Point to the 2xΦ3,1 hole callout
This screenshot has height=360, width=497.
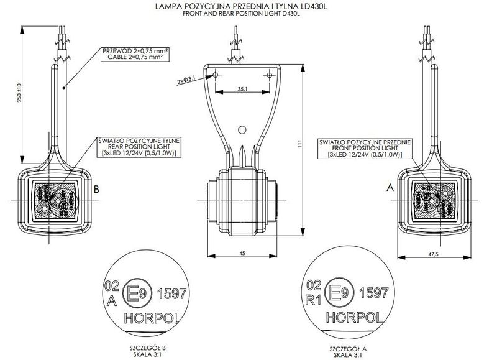(186, 80)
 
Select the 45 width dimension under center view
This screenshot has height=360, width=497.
(242, 252)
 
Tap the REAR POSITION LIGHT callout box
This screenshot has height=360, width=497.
(136, 147)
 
